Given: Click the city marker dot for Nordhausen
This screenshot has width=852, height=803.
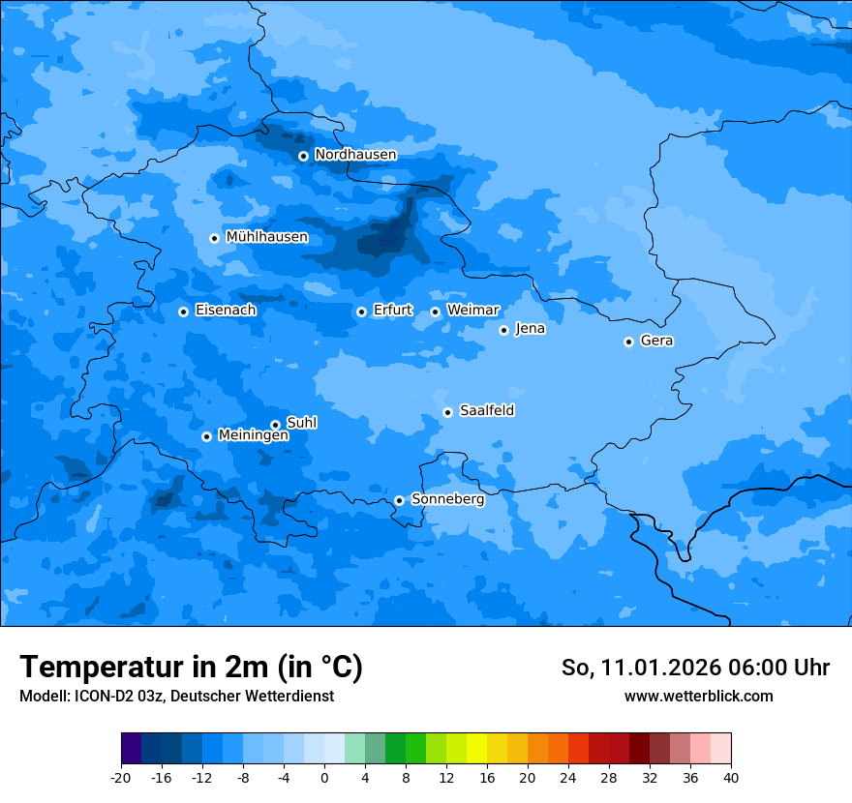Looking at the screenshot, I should point(303,156).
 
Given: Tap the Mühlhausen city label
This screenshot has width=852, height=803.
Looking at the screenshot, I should point(266,237).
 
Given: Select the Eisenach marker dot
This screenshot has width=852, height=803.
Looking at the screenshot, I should point(183,312).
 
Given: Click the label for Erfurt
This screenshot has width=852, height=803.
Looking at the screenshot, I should point(392,311).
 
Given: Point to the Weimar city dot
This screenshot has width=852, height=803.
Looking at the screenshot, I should point(436,312).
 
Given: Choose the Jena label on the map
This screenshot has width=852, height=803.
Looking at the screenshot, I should point(530,329).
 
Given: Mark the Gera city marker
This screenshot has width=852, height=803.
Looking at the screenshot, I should point(628,342).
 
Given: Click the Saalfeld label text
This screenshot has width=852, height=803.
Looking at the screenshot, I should point(486,411).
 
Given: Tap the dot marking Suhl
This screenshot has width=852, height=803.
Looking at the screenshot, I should point(275,425).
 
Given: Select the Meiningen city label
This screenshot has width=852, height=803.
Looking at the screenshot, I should point(253,435).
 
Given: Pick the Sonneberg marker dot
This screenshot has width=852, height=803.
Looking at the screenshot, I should point(399,500).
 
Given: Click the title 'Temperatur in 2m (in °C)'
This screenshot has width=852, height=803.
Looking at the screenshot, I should point(191,668).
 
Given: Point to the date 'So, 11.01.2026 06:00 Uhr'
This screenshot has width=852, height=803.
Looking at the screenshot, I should point(695,668).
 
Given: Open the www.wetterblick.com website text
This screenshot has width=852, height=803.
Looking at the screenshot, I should point(698,696).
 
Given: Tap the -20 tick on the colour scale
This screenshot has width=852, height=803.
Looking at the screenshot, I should point(121,778).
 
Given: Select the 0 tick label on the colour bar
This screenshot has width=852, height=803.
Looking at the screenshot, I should point(324,778).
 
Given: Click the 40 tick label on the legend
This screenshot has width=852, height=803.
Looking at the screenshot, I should point(731,778).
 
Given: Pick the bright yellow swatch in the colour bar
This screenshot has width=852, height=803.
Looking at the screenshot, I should point(476,749).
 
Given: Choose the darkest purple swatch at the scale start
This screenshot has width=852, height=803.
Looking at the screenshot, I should point(132,749).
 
